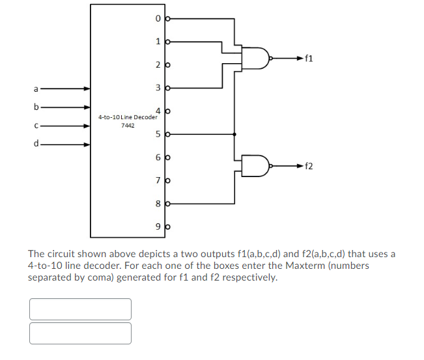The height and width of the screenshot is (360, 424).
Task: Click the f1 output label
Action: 309,59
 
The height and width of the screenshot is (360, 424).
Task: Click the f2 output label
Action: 309,166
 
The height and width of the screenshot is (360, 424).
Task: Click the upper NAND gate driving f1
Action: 256,59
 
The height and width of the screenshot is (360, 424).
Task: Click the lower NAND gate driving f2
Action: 256,166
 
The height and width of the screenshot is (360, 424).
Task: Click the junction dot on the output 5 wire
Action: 234,135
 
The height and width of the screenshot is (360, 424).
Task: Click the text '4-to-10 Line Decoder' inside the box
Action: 128,117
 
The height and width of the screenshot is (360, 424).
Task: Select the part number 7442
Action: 128,125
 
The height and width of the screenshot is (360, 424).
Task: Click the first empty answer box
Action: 80,309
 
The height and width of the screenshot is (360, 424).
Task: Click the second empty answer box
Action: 80,333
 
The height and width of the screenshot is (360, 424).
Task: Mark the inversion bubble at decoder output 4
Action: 169,111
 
